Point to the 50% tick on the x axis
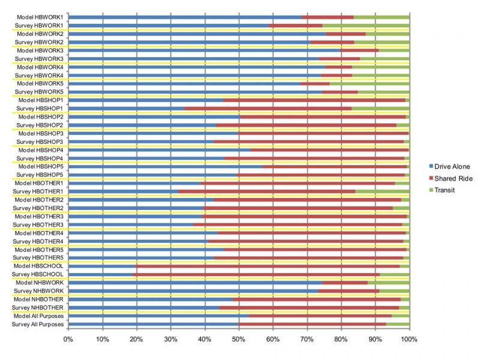pos(239,340)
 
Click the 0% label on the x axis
pos(68,340)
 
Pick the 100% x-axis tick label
pos(409,340)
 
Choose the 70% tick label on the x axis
pos(307,340)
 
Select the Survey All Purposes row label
pos(37,324)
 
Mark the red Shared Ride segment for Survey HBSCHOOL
pos(256,274)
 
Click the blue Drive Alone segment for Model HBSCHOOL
pos(102,266)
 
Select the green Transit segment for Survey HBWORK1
pos(366,25)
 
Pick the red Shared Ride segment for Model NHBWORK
pos(345,283)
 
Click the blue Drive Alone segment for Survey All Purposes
pos(154,324)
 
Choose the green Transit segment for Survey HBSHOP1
pos(380,108)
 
